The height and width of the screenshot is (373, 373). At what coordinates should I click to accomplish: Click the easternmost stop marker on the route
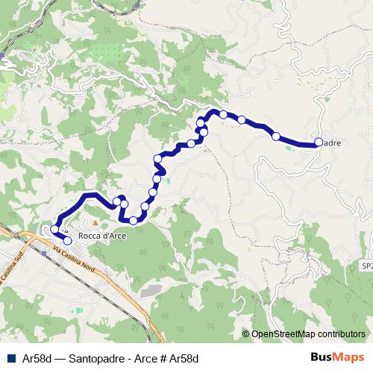pos(319,142)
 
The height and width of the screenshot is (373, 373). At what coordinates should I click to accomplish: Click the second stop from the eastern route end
pos(276,136)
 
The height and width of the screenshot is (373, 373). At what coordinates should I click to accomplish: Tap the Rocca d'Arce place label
pos(101,236)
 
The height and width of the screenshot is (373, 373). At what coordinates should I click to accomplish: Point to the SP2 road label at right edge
pos(366,265)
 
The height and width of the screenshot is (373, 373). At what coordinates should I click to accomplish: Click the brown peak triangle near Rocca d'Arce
pos(95,223)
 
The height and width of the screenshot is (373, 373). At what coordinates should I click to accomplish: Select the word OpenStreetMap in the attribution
pos(283,334)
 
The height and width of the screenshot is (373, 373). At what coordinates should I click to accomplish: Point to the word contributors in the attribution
pos(342,334)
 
